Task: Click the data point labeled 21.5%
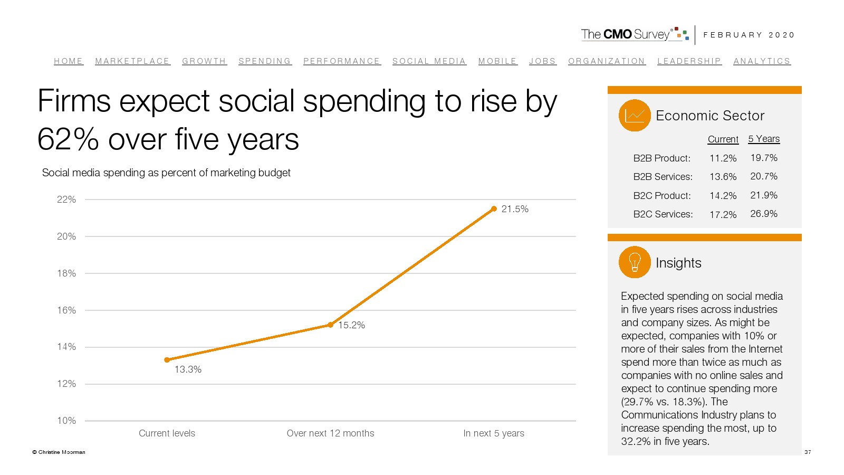494,209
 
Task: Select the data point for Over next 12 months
330,325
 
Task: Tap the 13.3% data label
188,369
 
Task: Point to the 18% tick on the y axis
66,273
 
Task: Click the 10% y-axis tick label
66,421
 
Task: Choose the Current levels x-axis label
167,433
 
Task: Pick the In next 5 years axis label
494,433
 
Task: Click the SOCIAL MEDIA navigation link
429,61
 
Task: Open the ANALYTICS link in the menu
762,61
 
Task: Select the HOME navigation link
68,61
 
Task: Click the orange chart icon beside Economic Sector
635,115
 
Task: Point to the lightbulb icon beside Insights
635,262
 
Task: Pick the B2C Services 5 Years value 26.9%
764,214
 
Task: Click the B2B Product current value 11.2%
723,158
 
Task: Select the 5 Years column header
764,139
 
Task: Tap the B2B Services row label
663,177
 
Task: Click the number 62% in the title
68,140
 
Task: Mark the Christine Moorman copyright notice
59,452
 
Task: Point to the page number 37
808,452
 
